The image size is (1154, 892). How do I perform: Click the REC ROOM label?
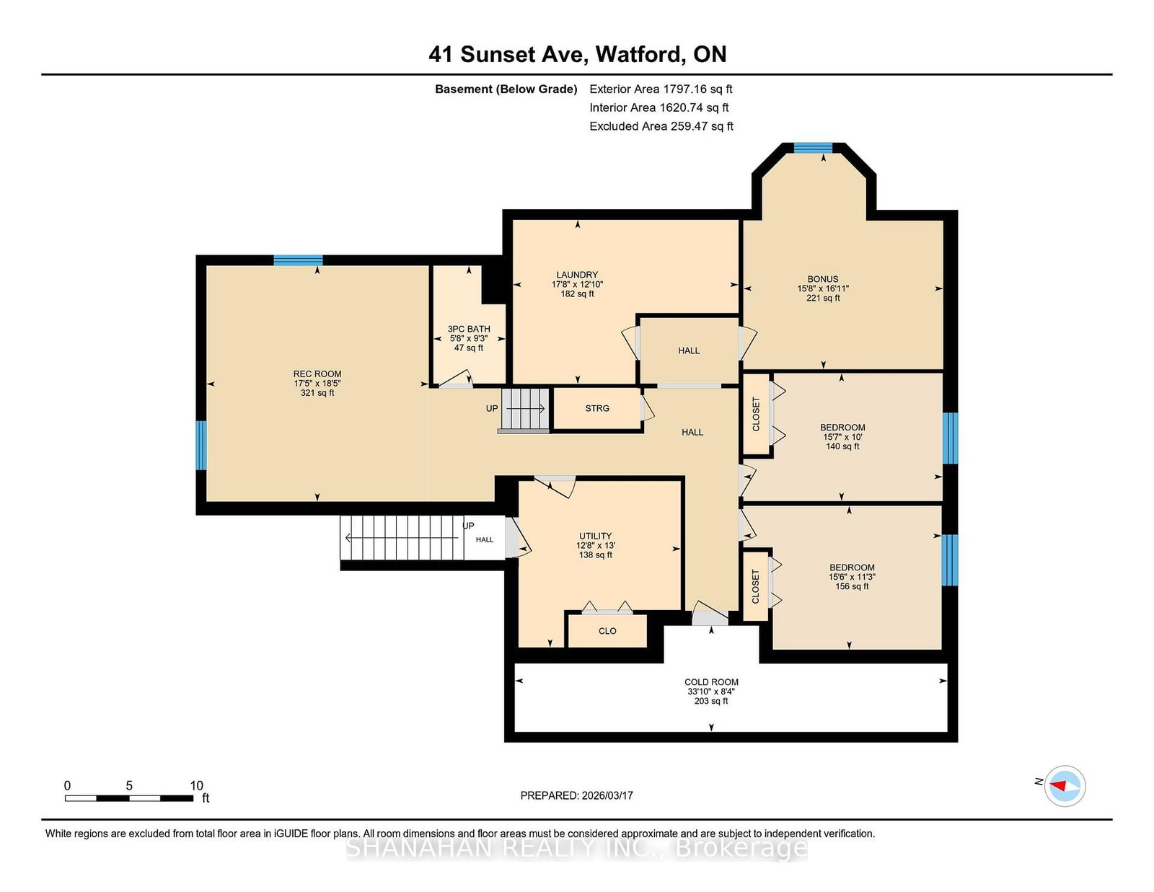[x=317, y=374]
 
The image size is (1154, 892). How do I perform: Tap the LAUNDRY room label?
[x=577, y=275]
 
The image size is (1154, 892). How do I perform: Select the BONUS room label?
[x=823, y=279]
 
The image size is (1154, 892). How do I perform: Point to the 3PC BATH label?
[x=468, y=329]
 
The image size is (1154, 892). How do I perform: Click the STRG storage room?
[x=597, y=408]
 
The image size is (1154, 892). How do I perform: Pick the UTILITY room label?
[x=595, y=536]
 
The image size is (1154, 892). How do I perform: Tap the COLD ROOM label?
[x=711, y=681]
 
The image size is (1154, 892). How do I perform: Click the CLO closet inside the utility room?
[x=607, y=631]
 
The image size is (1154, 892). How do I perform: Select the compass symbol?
[x=1065, y=786]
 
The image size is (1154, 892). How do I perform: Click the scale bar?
[x=129, y=798]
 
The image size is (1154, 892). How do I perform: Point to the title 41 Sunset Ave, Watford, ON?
[x=577, y=54]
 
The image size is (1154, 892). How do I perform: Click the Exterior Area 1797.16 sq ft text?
[x=661, y=89]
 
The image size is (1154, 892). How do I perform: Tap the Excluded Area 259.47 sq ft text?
[x=661, y=126]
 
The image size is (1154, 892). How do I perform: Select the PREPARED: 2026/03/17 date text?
[x=577, y=795]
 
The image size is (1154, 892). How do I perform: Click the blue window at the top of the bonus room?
[x=813, y=148]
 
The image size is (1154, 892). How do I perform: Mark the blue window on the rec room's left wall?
[x=201, y=445]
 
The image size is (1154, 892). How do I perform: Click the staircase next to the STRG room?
[x=524, y=410]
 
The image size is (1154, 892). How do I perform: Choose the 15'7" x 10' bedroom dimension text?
[x=842, y=437]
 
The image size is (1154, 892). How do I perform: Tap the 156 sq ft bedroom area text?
[x=852, y=586]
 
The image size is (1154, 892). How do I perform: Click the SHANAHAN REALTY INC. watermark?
[x=577, y=848]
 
